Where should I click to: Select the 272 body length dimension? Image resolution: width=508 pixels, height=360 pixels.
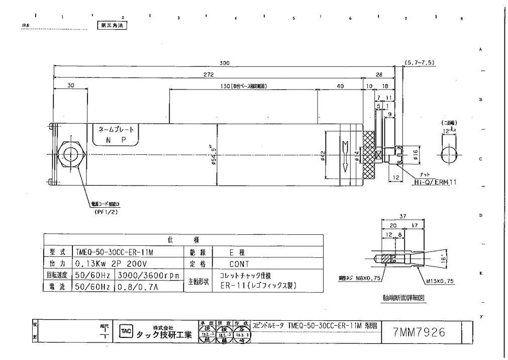(x=212, y=74)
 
